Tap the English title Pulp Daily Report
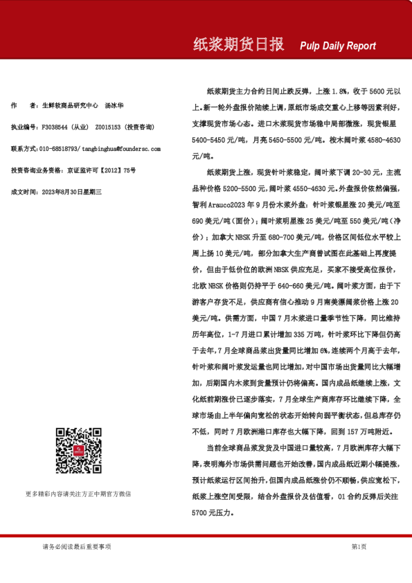[x=338, y=46]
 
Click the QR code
[x=78, y=451]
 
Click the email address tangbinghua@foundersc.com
[x=122, y=149]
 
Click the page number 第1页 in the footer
[x=359, y=547]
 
